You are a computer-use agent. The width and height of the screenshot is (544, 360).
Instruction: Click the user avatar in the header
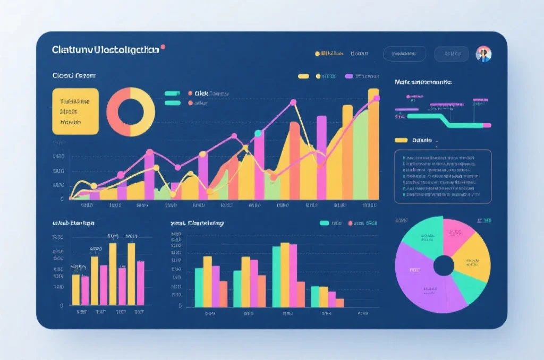pyautogui.click(x=483, y=54)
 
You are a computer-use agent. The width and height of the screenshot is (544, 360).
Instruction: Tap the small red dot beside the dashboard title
pyautogui.click(x=163, y=47)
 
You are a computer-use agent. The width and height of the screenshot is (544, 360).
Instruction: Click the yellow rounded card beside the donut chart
pyautogui.click(x=75, y=111)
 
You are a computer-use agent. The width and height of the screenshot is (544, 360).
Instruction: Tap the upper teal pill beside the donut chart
pyautogui.click(x=173, y=93)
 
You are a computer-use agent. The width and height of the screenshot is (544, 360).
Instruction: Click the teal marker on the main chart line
pyautogui.click(x=258, y=133)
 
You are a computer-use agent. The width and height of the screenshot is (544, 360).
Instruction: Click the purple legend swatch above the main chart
pyautogui.click(x=349, y=76)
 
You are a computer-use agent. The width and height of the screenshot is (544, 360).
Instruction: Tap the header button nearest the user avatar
pyautogui.click(x=452, y=54)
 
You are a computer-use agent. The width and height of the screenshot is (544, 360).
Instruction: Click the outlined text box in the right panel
pyautogui.click(x=443, y=176)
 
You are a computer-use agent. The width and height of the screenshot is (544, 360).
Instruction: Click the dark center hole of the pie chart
pyautogui.click(x=444, y=265)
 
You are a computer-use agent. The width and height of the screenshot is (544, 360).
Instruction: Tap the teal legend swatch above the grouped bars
pyautogui.click(x=324, y=223)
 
